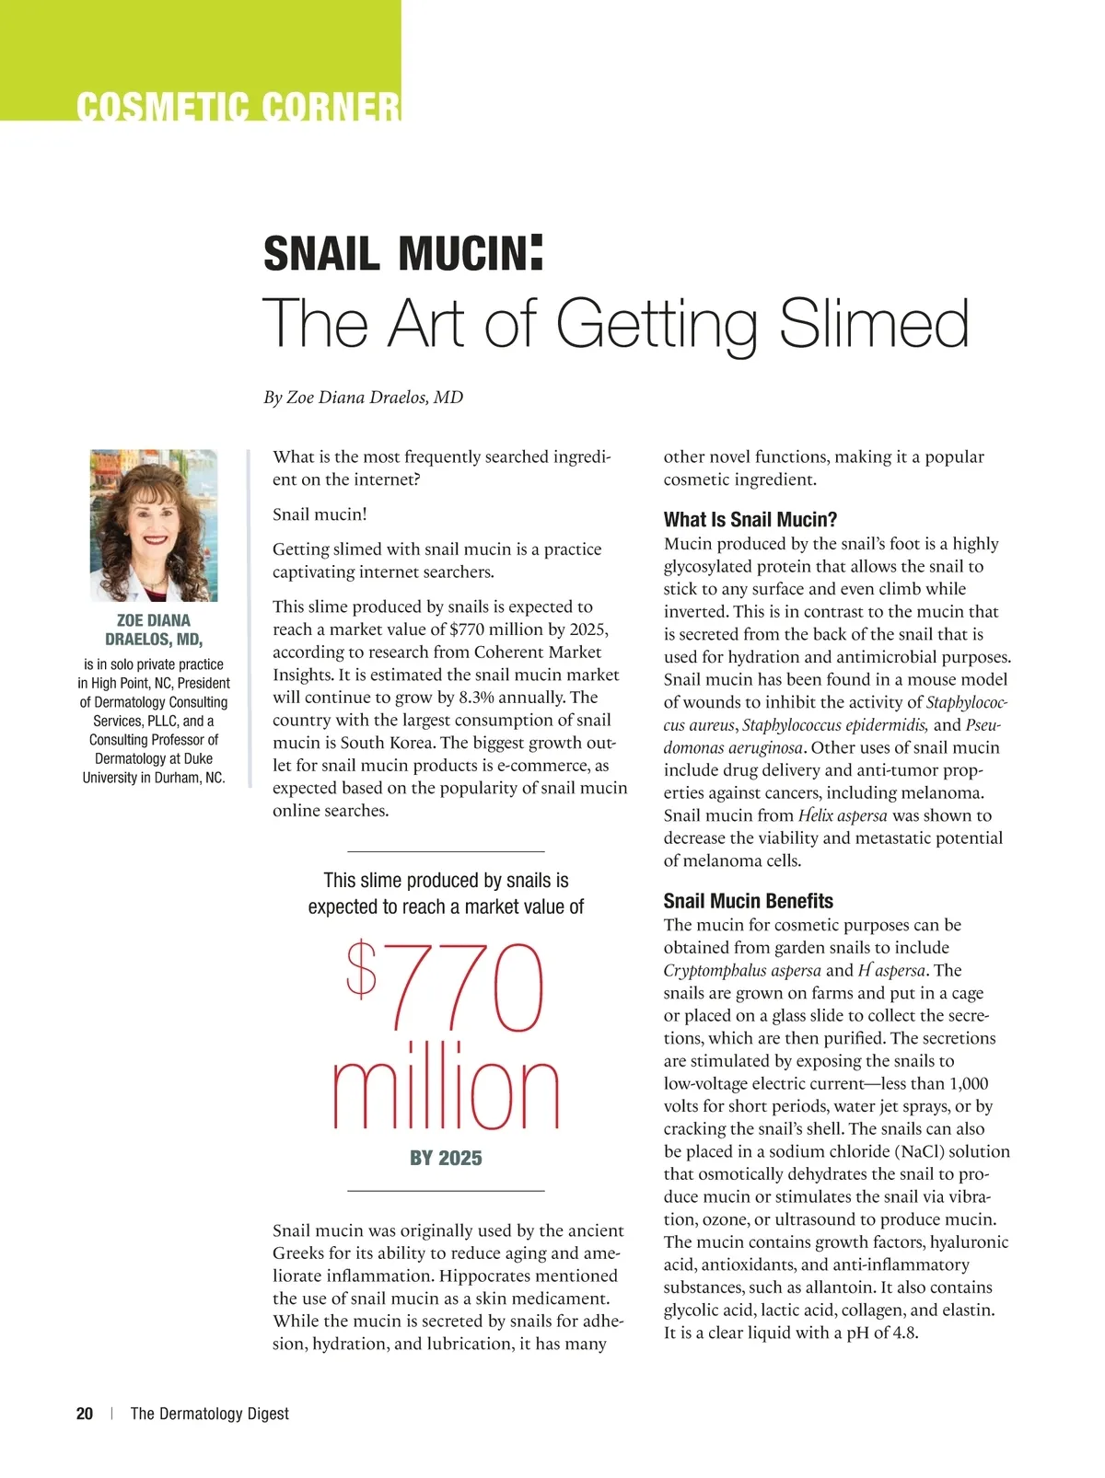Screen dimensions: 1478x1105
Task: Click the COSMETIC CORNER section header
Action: [x=238, y=107]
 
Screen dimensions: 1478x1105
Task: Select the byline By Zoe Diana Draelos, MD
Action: [x=363, y=398]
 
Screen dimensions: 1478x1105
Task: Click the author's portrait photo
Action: [x=154, y=525]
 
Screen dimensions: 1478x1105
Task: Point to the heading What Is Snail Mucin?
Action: [x=750, y=520]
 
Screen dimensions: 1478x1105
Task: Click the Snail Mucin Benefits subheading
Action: [x=748, y=901]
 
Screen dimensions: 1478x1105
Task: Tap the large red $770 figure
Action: [x=445, y=986]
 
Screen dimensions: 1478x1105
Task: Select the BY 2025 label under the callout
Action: [x=446, y=1159]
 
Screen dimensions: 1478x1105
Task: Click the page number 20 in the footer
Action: [x=85, y=1414]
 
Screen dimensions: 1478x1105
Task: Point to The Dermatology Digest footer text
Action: [x=210, y=1414]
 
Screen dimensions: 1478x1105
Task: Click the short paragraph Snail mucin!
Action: [x=320, y=514]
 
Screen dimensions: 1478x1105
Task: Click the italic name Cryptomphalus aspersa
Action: [x=742, y=971]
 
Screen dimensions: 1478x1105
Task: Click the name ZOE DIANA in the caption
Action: [x=154, y=621]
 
